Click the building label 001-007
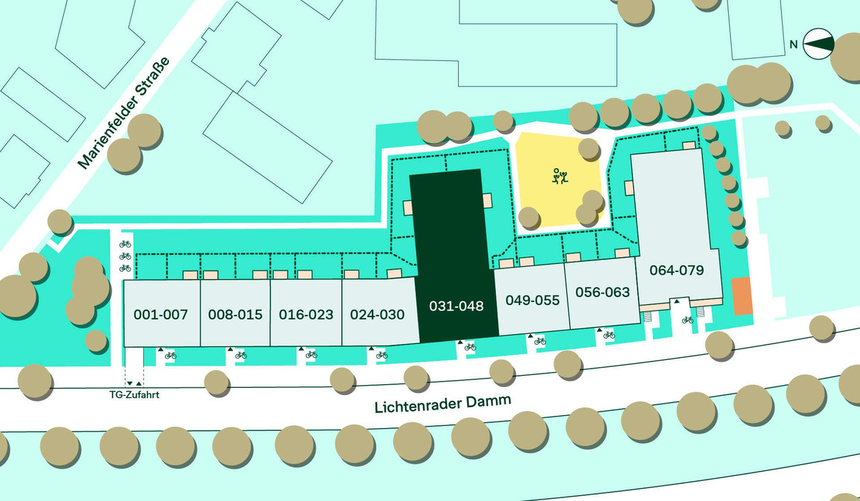161,314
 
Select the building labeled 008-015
235,314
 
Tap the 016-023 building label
307,314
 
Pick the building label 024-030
378,314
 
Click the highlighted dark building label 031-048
457,306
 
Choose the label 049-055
532,300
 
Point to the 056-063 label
603,292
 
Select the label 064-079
677,271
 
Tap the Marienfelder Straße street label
125,113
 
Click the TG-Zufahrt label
134,393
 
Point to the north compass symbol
818,44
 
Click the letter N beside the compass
793,44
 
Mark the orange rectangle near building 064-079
741,296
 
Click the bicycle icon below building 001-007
171,354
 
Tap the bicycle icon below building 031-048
470,347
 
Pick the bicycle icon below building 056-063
609,334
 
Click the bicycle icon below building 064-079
688,320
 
